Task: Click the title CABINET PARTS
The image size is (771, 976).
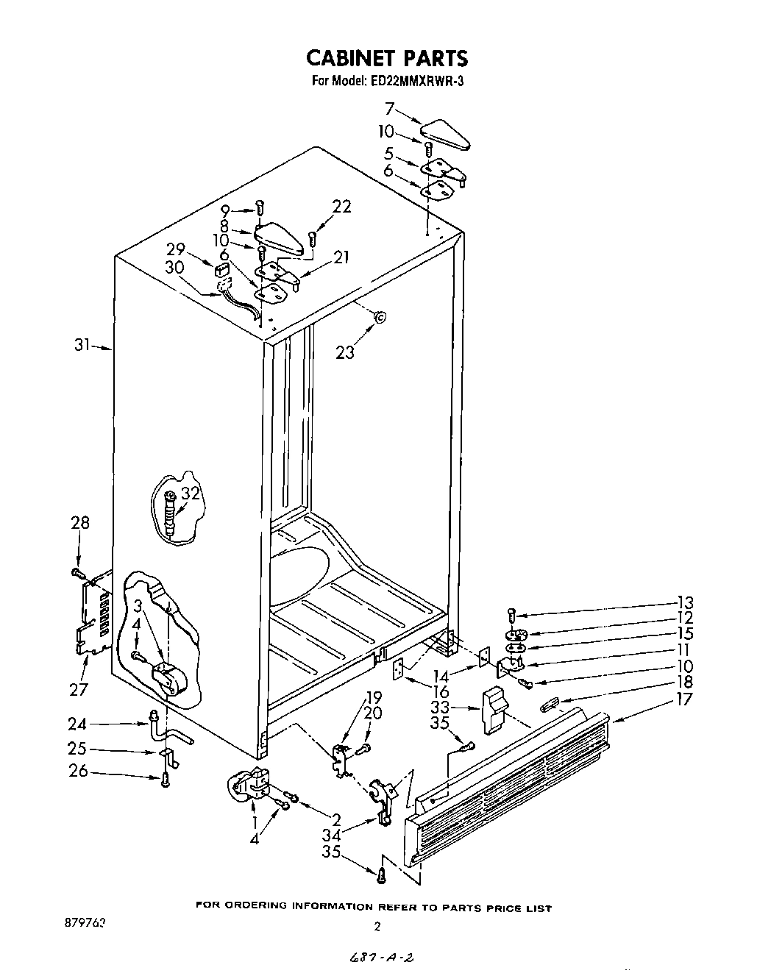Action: tap(385, 57)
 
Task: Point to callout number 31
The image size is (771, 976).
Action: tap(82, 344)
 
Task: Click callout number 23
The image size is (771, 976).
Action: tap(344, 352)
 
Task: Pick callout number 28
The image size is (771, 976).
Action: tap(79, 523)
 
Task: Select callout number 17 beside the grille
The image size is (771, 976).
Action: tap(684, 699)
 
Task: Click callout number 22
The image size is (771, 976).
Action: tap(342, 207)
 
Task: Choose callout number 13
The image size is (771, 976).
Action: tap(684, 602)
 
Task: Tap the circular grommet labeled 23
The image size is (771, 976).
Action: tap(380, 318)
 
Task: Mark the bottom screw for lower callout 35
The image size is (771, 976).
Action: tap(382, 875)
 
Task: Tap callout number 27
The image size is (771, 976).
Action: tap(79, 688)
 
